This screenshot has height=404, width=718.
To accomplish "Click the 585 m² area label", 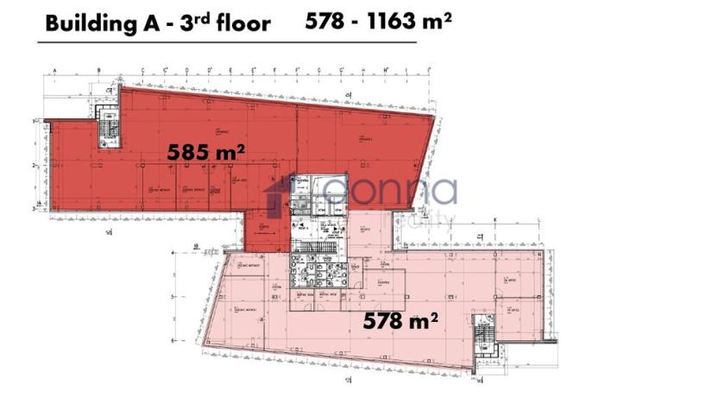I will coord(206,153).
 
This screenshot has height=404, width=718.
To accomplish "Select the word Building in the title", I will coord(86,23).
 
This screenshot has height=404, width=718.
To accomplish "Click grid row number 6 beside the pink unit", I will coord(173,340).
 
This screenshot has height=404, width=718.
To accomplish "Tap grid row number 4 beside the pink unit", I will coord(173,253).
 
